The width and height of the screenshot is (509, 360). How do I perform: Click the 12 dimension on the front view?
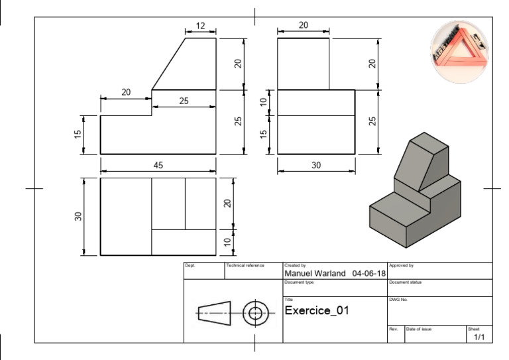[x=200, y=26]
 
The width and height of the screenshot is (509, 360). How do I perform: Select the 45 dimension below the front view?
[x=158, y=165]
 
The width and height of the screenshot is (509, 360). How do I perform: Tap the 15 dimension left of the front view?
[x=78, y=135]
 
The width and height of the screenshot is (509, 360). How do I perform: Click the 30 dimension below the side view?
[x=315, y=165]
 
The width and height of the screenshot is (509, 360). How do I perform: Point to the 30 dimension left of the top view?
[x=78, y=216]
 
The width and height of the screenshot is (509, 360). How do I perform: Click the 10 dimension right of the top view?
[x=227, y=242]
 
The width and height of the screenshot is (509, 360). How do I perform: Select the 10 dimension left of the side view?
[x=263, y=102]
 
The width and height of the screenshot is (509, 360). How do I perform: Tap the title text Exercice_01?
[x=316, y=310]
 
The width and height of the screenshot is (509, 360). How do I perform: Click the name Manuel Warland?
[x=315, y=273]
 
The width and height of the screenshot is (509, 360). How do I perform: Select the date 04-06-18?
[x=369, y=273]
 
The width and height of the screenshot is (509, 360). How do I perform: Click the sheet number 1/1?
[x=479, y=337]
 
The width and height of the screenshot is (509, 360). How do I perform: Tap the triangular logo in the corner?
[x=459, y=52]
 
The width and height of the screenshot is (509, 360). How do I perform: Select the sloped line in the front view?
[x=168, y=64]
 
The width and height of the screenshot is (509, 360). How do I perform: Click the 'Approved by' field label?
[x=401, y=265]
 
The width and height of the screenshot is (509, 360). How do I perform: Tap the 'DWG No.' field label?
[x=398, y=300]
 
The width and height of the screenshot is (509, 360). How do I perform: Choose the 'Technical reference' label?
[x=245, y=265]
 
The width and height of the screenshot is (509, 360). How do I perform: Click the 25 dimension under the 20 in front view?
[x=184, y=101]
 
